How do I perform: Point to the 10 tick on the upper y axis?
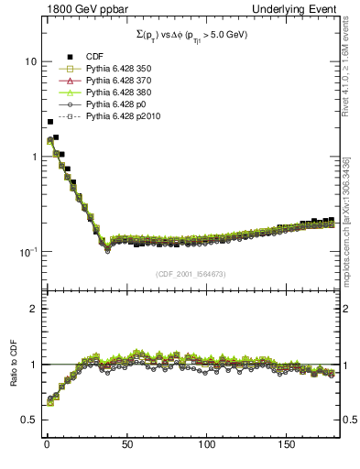click(x=27, y=61)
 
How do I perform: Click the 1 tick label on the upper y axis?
click(x=30, y=157)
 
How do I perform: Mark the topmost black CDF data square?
click(x=50, y=121)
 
